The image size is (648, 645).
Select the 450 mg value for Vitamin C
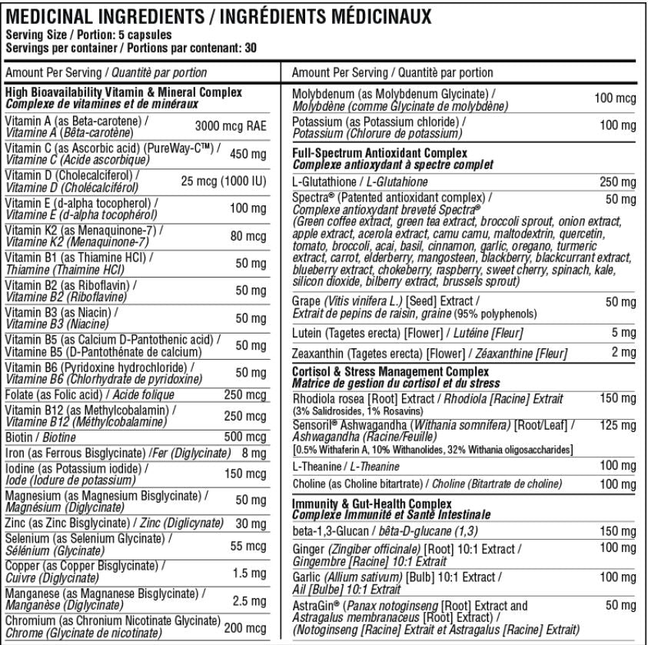coord(248,154)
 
